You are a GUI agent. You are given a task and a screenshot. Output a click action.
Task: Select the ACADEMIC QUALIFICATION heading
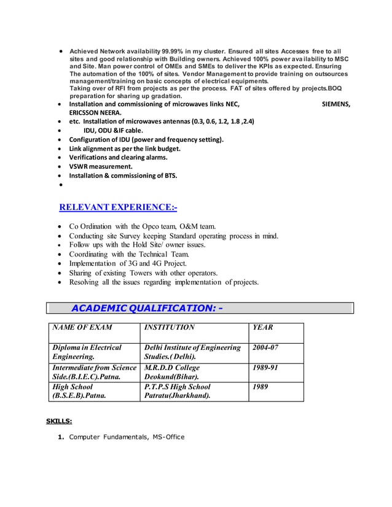click(147, 308)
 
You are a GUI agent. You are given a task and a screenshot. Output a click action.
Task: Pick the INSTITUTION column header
click(169, 328)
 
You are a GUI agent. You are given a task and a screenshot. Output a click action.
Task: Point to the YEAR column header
click(263, 328)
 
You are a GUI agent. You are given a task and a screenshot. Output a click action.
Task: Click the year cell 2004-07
click(265, 347)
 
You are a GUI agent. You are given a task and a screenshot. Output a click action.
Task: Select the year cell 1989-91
click(265, 368)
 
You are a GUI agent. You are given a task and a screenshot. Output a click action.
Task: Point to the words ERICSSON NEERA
click(95, 113)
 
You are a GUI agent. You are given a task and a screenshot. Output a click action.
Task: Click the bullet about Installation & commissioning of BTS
click(123, 176)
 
